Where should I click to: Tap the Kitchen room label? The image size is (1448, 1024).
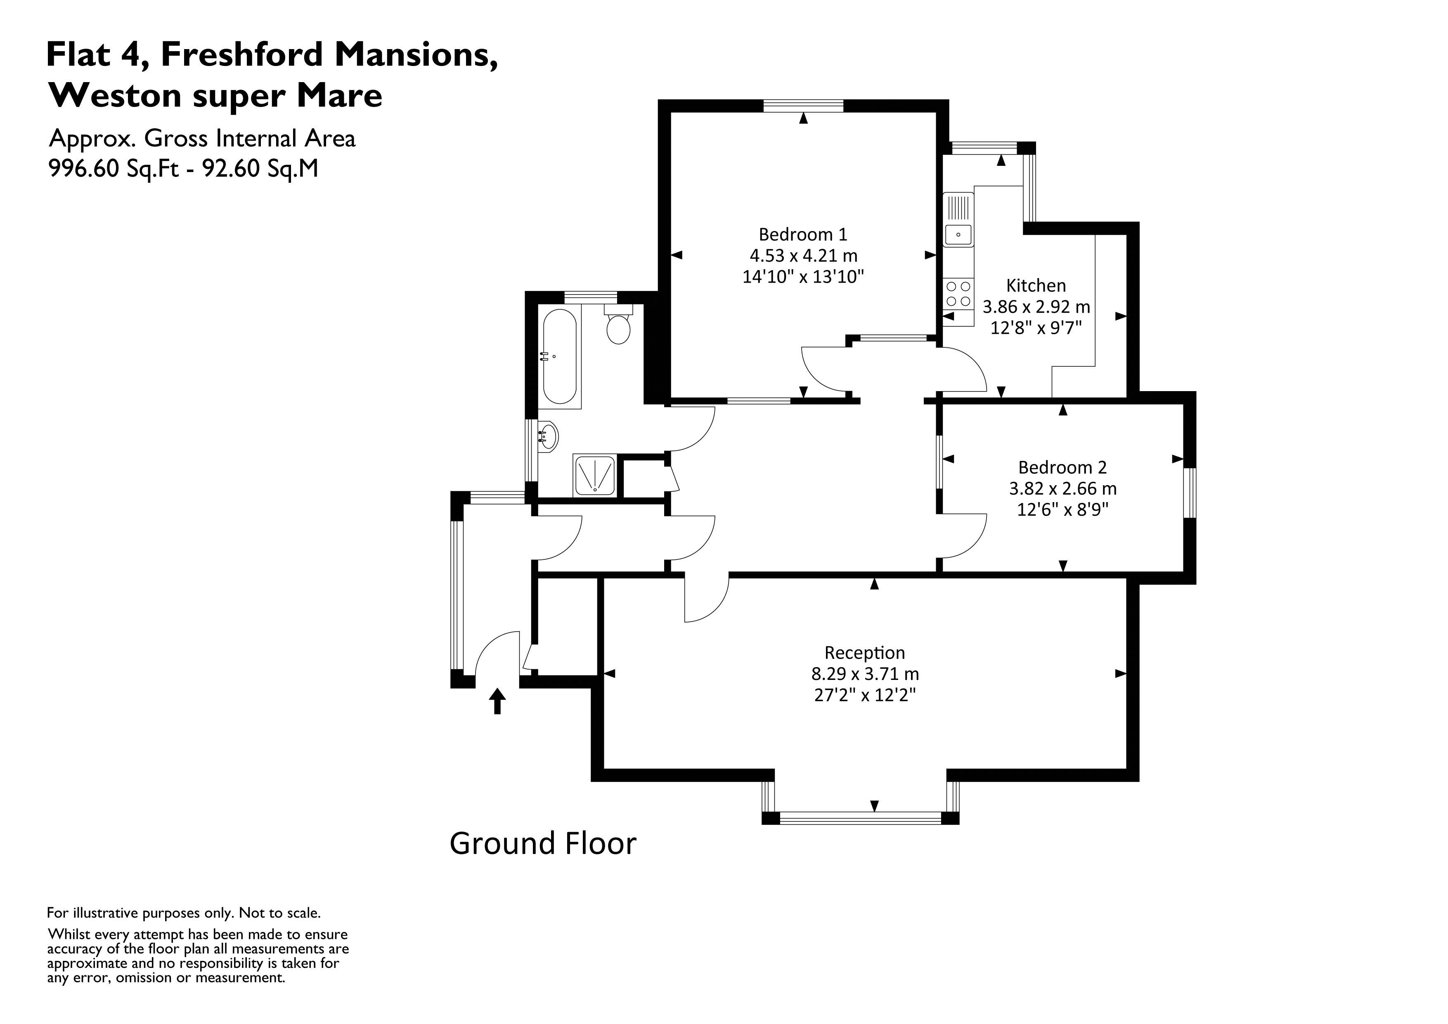click(1036, 285)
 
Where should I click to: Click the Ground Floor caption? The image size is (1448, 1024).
click(542, 844)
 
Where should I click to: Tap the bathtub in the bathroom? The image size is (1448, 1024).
click(559, 357)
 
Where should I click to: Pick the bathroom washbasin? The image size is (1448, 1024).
click(548, 436)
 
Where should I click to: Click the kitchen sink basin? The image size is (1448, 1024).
click(958, 235)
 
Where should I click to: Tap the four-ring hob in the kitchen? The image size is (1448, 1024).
click(958, 294)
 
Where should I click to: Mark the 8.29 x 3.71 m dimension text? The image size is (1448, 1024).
click(865, 674)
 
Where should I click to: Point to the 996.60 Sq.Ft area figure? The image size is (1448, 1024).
click(114, 168)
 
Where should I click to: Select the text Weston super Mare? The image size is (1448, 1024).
click(216, 96)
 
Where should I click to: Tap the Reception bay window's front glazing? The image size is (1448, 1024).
click(860, 819)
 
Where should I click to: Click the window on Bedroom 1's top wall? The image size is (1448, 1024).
click(803, 105)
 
